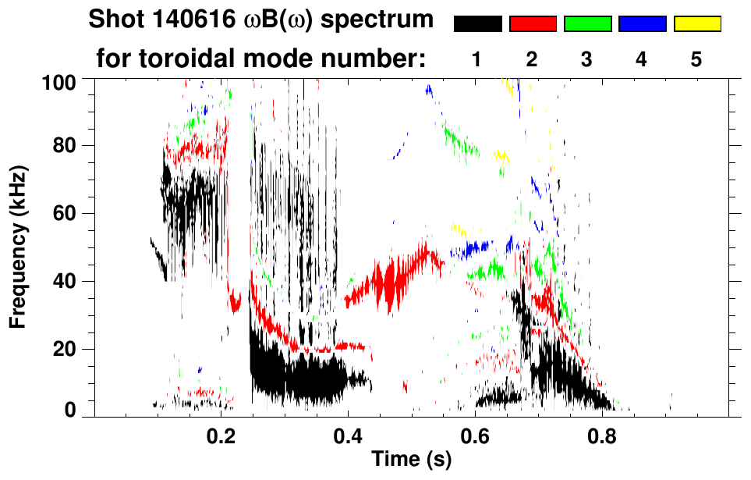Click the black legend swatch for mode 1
478,24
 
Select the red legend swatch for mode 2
533,24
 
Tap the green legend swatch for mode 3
587,24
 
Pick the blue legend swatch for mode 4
642,24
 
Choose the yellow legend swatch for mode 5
697,24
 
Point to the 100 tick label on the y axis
59,81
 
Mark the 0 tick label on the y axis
69,411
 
